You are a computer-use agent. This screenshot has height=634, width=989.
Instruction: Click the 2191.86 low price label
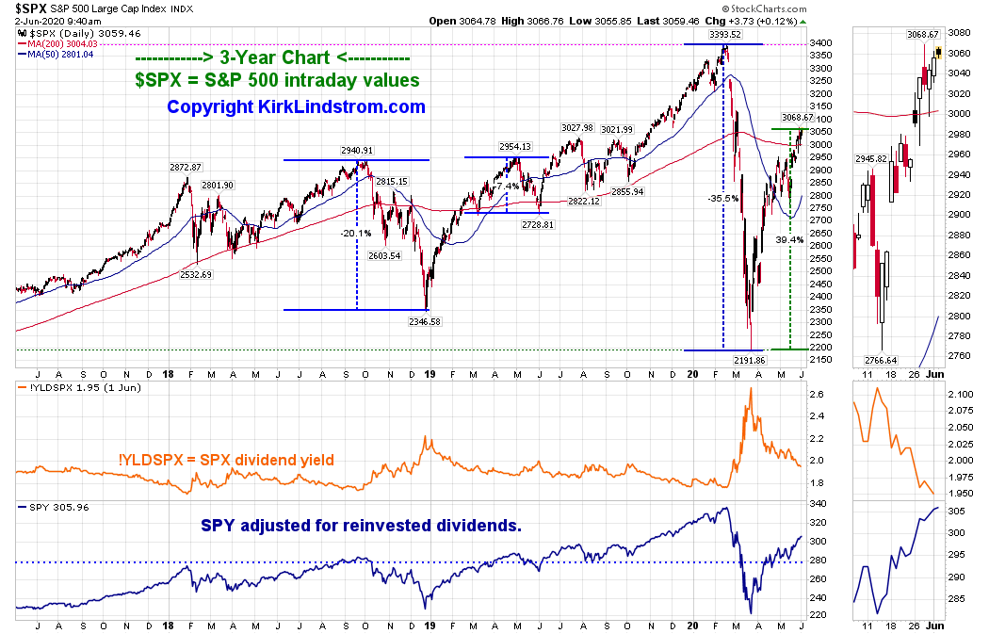(751, 360)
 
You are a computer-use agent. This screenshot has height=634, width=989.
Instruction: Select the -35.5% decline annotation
(722, 199)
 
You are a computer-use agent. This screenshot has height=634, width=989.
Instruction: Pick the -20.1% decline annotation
(356, 233)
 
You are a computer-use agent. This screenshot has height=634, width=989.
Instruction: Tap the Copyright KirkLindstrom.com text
(296, 107)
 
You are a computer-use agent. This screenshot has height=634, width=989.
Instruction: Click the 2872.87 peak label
(186, 167)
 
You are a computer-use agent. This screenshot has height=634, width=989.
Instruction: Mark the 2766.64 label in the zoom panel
(879, 359)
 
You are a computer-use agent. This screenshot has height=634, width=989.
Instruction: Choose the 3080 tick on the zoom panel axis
(957, 32)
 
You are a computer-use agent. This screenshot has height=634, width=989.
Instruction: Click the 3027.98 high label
(576, 128)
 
